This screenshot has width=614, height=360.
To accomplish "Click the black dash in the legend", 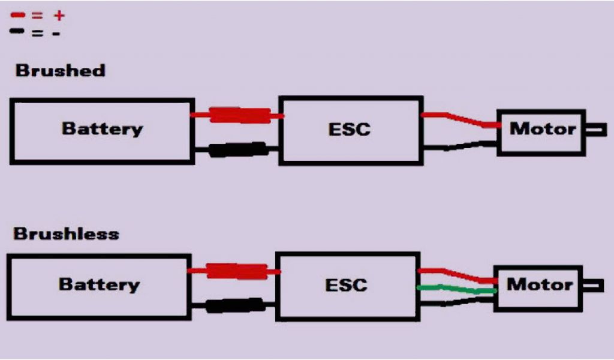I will (17, 30).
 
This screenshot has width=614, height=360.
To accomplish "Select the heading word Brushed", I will (60, 70).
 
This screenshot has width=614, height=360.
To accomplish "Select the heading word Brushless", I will (66, 233).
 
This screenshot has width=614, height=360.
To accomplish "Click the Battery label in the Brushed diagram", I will (103, 128).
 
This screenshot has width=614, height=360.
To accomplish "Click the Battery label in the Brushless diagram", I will (100, 284).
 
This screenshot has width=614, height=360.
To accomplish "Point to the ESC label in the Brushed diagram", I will (349, 129).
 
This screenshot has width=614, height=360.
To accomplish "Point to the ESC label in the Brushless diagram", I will (346, 284).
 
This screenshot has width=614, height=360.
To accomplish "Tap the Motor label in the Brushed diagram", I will (542, 128).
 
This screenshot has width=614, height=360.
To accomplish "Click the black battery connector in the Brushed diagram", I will (237, 149).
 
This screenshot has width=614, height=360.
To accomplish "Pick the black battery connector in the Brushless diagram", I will (234, 305).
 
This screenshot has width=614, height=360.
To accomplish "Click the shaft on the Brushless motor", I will (593, 285).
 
